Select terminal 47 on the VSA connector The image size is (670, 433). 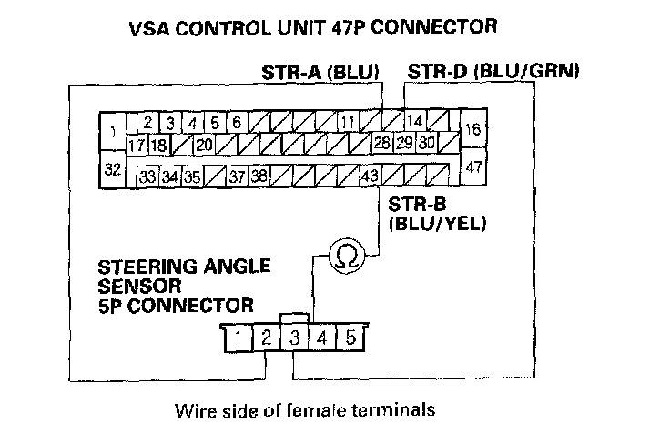[x=473, y=167]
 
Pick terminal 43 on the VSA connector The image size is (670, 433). [x=370, y=176]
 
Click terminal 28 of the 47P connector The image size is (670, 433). [x=382, y=144]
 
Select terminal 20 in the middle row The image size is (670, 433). [x=203, y=144]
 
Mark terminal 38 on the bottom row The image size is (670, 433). [x=259, y=176]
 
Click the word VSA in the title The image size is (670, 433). [x=154, y=27]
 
